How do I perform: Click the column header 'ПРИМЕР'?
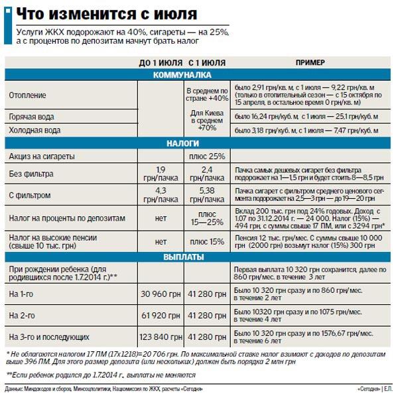pos(312,63)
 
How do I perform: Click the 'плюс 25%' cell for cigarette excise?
pos(207,156)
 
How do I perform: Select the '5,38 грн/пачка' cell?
pos(207,195)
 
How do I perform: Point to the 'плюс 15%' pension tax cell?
pos(207,241)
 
